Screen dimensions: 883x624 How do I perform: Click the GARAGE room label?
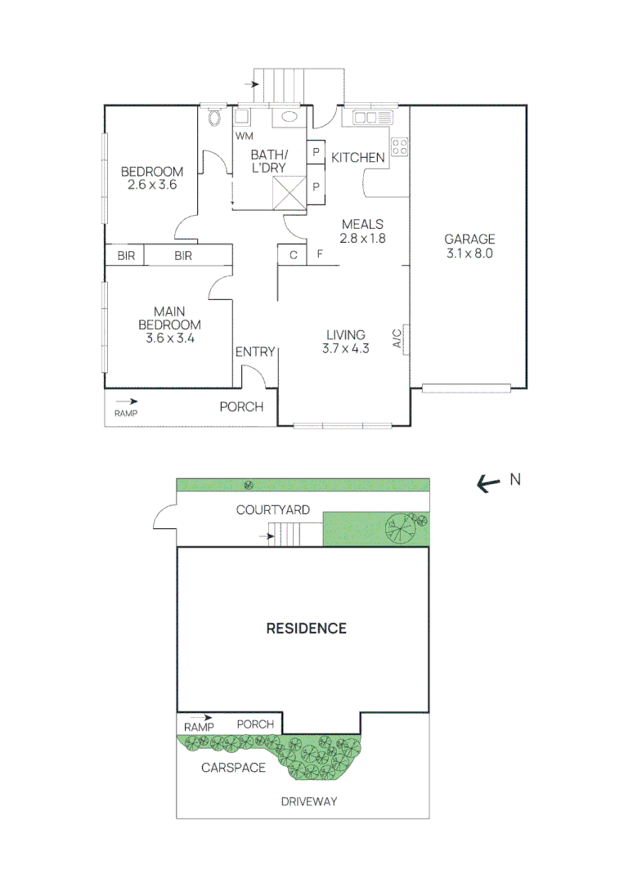(469, 240)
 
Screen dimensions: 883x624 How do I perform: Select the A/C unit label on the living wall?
(397, 338)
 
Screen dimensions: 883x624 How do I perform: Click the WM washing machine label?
(243, 136)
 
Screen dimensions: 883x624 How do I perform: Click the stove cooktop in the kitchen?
(400, 147)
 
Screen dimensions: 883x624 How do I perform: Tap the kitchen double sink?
(373, 118)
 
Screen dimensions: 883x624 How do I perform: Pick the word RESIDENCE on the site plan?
(307, 629)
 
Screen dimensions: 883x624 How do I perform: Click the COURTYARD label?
(272, 510)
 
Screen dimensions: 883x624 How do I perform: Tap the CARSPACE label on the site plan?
(233, 768)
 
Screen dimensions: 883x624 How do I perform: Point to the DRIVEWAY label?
(308, 801)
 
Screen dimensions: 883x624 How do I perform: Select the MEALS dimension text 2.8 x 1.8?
(362, 239)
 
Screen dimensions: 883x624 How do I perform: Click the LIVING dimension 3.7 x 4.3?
(345, 349)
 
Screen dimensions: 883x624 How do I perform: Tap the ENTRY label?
(255, 352)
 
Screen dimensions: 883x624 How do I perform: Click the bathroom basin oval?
(290, 117)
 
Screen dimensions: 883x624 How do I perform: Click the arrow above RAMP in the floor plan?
(127, 401)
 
